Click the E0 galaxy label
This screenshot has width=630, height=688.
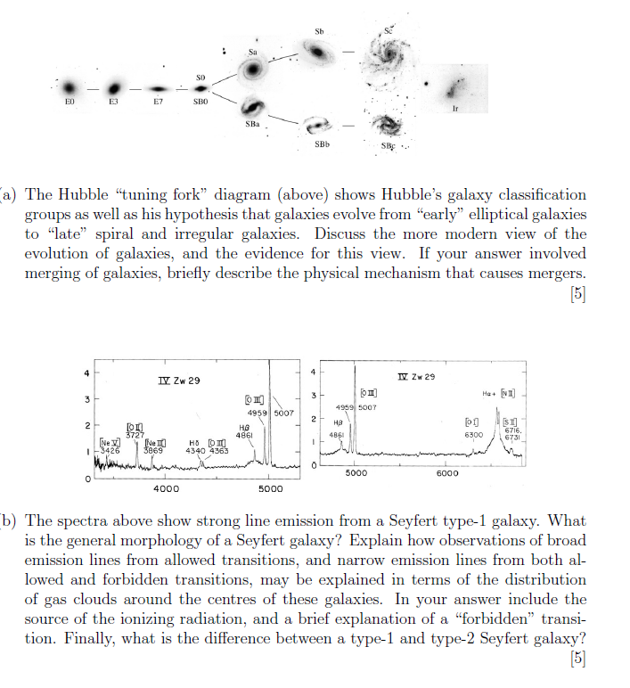[68, 102]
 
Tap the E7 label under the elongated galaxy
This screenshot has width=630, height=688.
[158, 102]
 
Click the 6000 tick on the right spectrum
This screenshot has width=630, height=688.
[447, 473]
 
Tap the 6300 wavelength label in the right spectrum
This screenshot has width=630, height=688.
[474, 435]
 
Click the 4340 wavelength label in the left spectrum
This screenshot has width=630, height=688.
[195, 451]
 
